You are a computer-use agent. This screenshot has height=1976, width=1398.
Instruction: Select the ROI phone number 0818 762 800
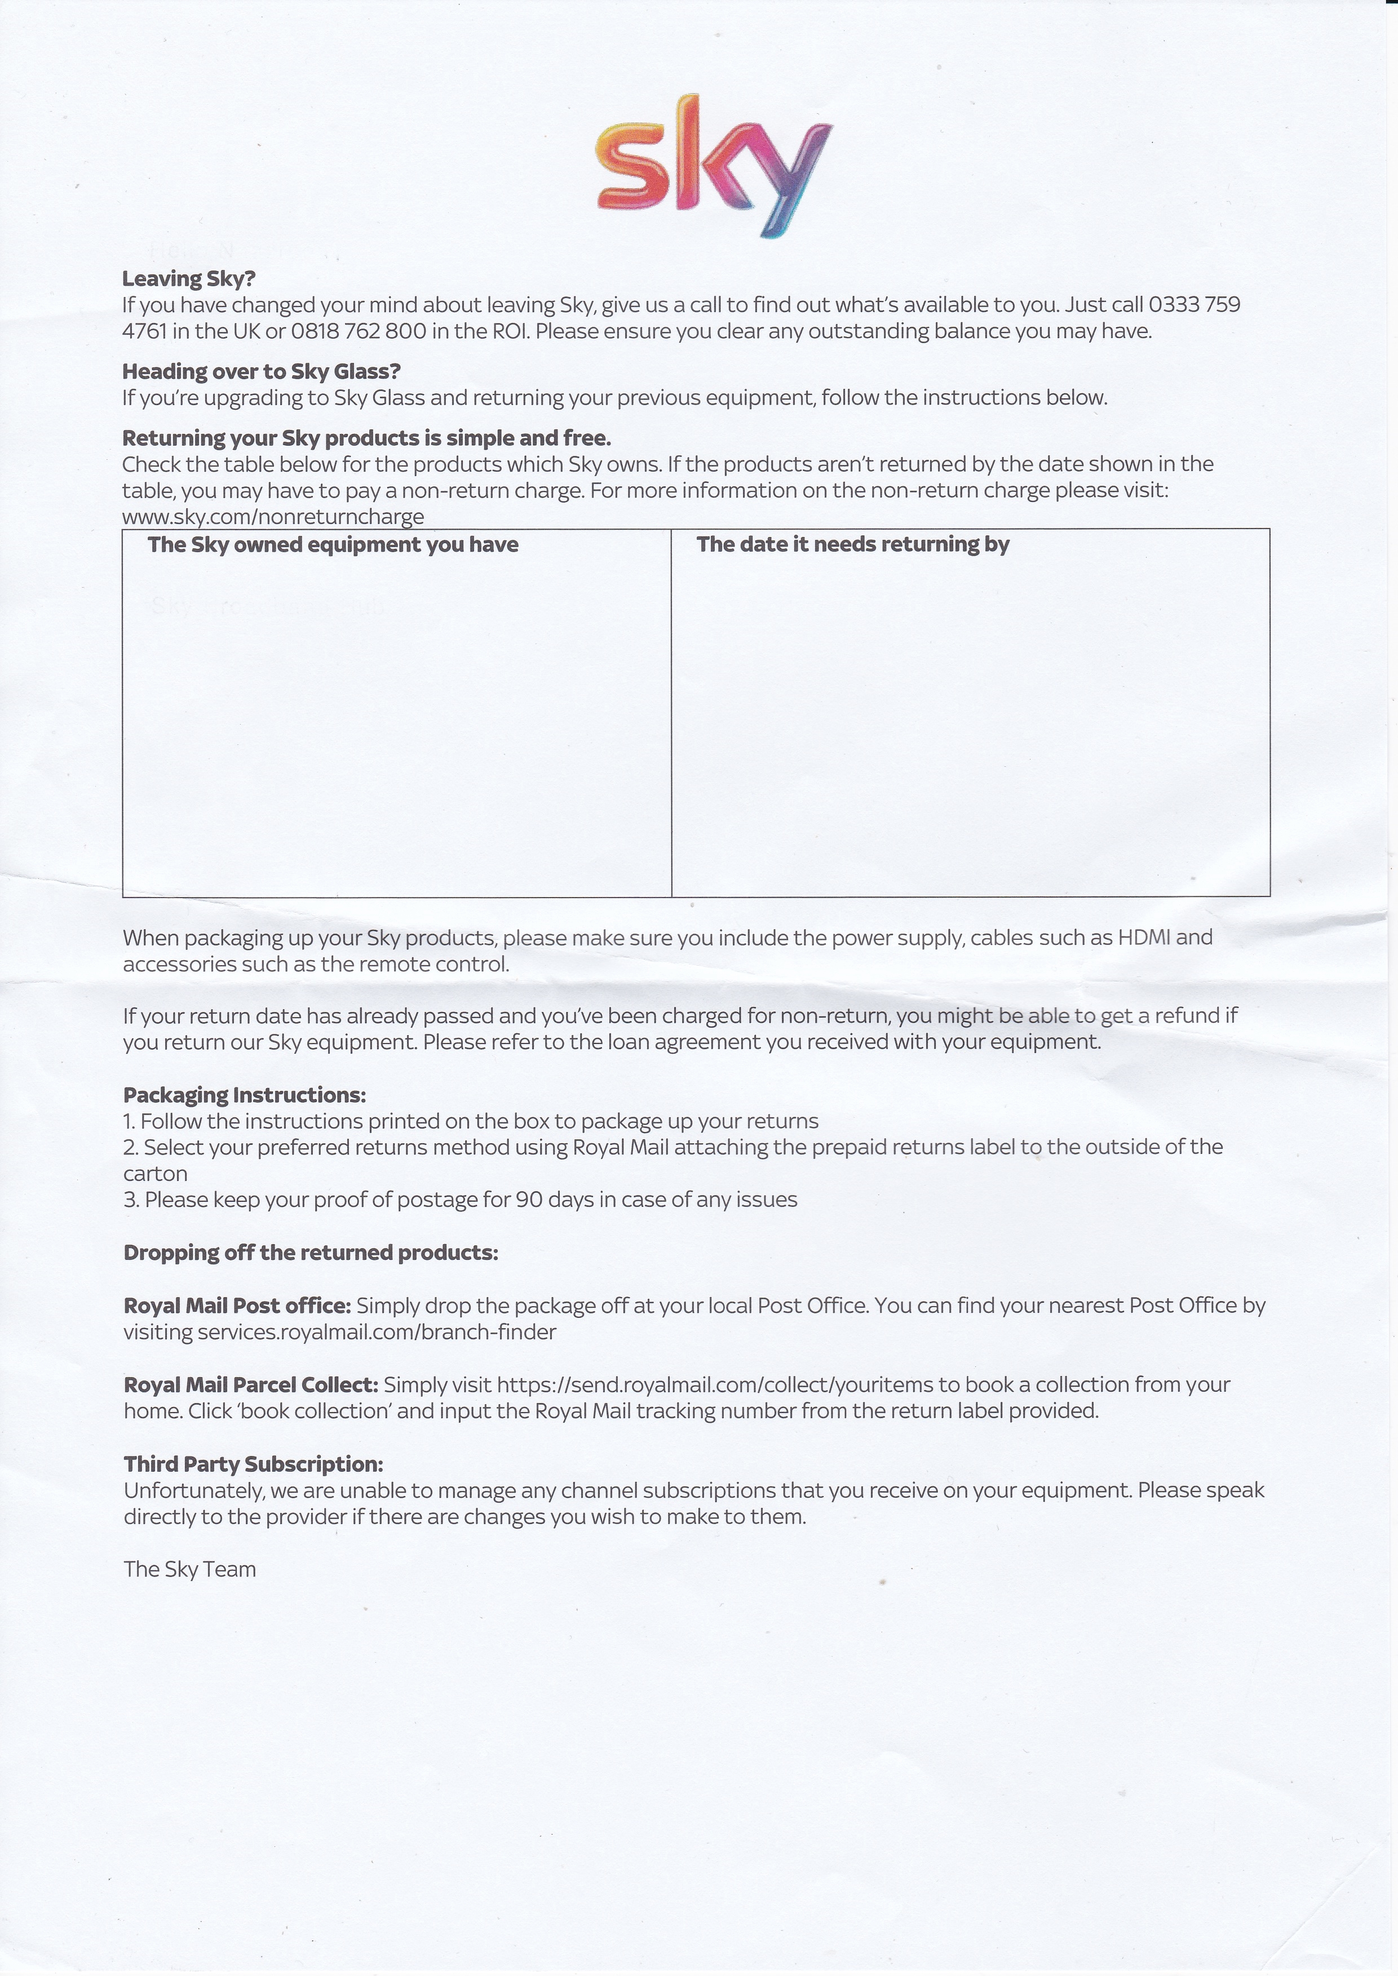(x=358, y=331)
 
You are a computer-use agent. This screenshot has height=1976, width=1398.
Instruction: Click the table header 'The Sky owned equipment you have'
(x=333, y=545)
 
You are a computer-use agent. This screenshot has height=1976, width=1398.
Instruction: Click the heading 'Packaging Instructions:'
(x=245, y=1095)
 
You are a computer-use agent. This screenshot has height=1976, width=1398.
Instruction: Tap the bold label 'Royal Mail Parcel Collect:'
(x=250, y=1385)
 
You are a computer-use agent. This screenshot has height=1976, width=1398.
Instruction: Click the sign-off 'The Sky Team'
(x=190, y=1569)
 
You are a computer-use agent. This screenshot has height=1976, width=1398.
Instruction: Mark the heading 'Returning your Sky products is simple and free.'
(x=367, y=438)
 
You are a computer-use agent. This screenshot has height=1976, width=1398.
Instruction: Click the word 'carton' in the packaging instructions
(x=155, y=1174)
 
